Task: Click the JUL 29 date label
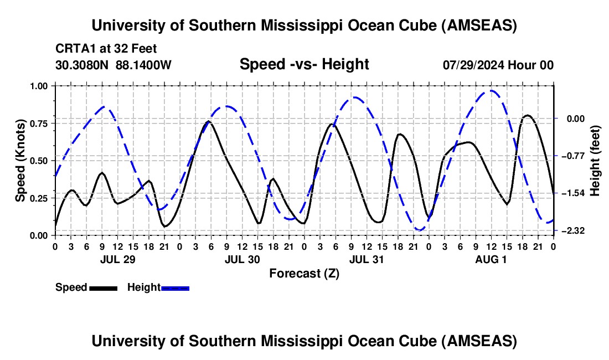coord(117,259)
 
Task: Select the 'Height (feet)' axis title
coord(595,161)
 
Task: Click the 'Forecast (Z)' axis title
coord(304,273)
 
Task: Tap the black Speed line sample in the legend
coord(103,287)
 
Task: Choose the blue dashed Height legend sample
coord(175,287)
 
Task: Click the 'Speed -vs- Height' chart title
coord(304,64)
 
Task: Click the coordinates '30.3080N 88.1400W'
coord(113,65)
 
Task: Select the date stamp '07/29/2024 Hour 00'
coord(498,65)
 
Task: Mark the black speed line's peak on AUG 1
coord(528,115)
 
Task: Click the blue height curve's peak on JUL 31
coord(355,97)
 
